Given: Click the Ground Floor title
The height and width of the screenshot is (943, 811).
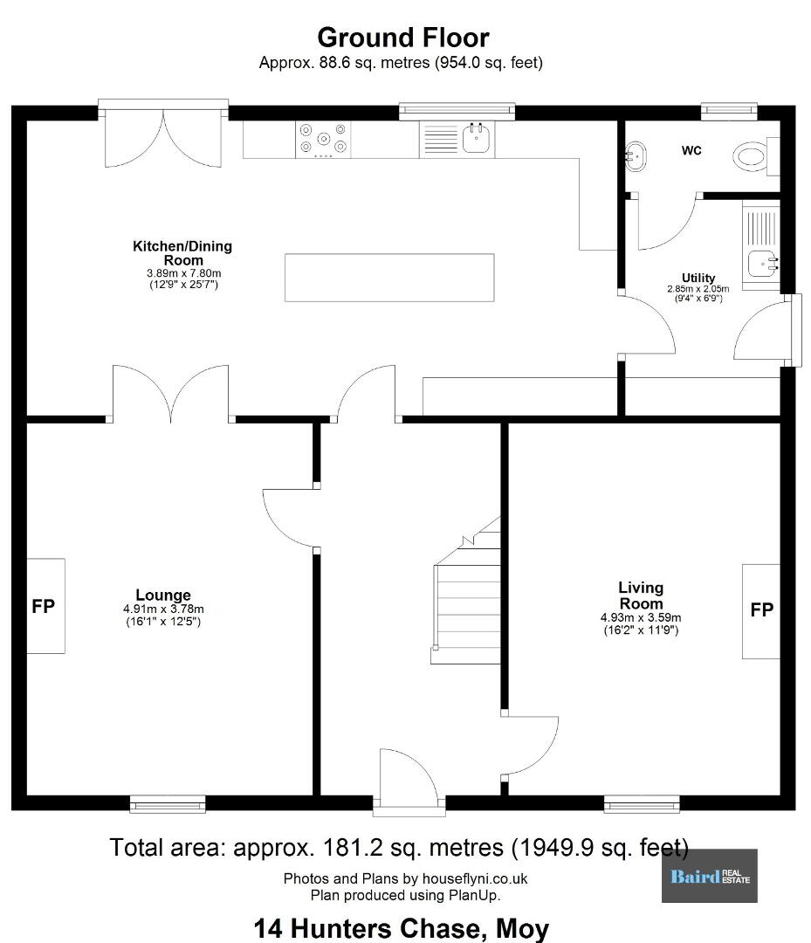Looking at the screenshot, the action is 402,38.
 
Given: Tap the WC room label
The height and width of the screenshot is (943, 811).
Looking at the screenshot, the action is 691,150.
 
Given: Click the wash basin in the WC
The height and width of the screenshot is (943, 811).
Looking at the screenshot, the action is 635,156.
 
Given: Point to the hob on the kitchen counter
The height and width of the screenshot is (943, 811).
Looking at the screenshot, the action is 323,140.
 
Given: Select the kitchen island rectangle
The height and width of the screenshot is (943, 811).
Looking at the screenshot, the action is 389,278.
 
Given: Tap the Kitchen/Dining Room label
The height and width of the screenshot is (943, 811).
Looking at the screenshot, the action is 182,253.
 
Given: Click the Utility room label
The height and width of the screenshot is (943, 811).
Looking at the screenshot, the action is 698,278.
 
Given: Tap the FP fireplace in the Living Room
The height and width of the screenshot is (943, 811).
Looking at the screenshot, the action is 761,611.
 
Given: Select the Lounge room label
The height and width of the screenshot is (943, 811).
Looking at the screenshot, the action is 163,595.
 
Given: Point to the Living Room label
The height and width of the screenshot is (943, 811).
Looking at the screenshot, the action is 641,595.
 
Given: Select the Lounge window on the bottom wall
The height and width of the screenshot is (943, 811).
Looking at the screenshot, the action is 168,803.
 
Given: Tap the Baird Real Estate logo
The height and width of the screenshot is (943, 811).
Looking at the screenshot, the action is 710,876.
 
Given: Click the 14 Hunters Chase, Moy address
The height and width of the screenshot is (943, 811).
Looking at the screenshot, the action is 402,928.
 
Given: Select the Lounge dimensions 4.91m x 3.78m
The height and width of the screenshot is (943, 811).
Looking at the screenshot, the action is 163,609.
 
